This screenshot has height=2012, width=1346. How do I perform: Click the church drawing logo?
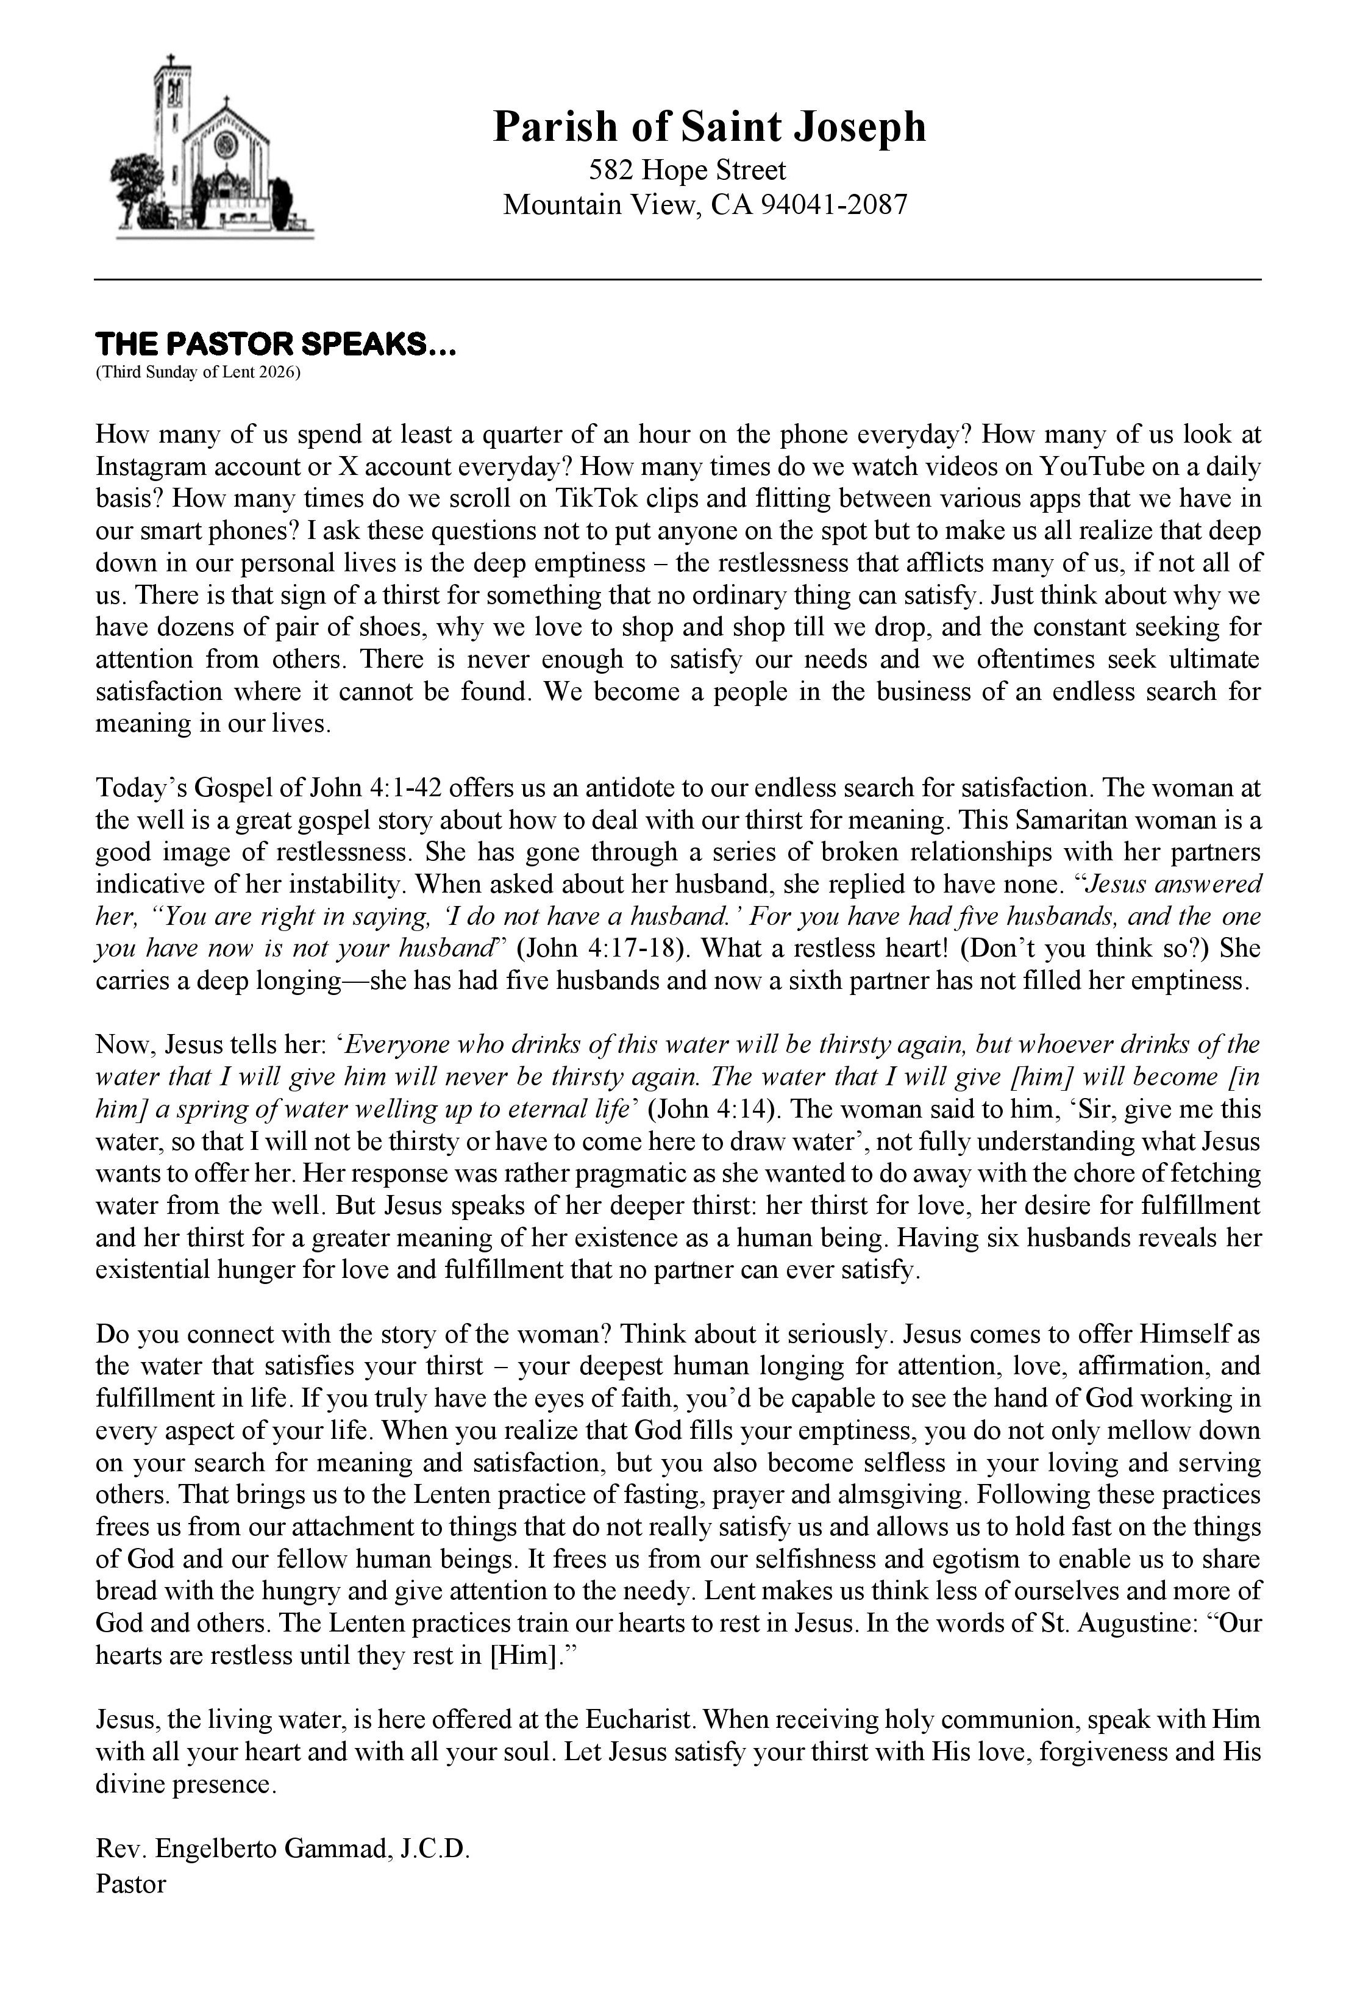(212, 148)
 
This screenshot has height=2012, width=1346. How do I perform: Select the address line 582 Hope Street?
(687, 170)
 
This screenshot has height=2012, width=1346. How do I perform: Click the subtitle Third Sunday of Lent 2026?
(198, 373)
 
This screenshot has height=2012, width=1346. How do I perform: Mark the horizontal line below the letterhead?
(677, 280)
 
